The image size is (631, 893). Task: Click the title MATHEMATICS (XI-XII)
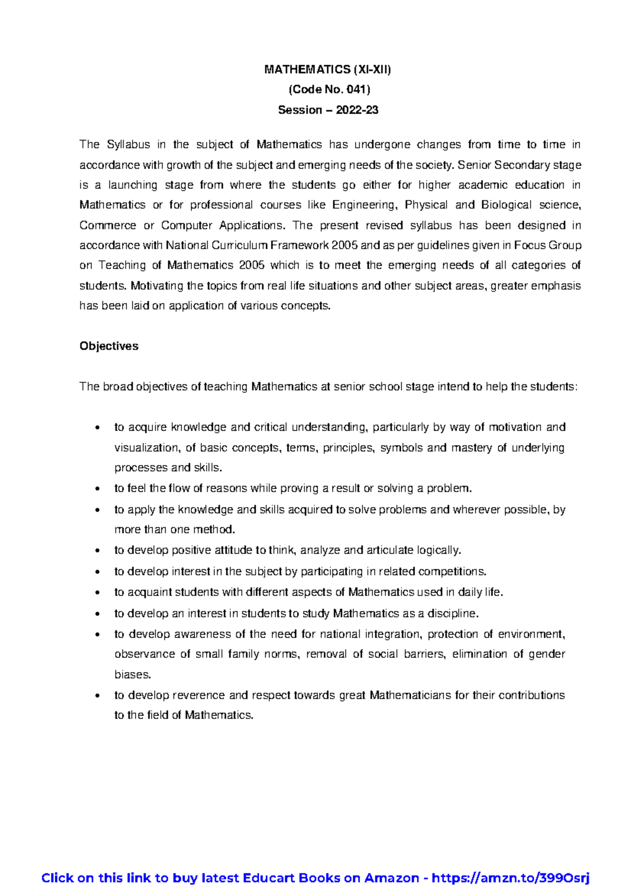[x=328, y=69]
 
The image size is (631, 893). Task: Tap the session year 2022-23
[x=357, y=110]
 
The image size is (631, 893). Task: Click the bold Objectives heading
[x=109, y=346]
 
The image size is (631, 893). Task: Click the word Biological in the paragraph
[x=506, y=205]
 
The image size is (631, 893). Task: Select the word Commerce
[x=107, y=226]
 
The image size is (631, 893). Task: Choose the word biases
[x=133, y=675]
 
